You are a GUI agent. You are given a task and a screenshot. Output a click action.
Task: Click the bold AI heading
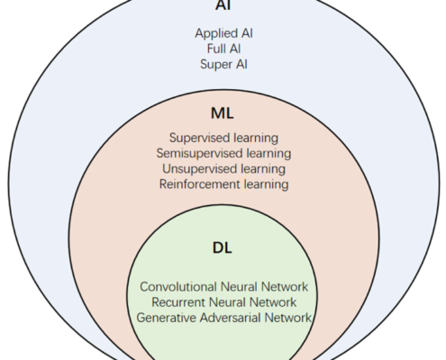pyautogui.click(x=223, y=5)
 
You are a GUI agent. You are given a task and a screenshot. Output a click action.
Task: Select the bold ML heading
pyautogui.click(x=223, y=113)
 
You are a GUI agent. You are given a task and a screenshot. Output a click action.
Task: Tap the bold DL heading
pyautogui.click(x=223, y=247)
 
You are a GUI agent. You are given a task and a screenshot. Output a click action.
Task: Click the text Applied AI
pyautogui.click(x=223, y=33)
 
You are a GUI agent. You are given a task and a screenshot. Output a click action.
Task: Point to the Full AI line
pyautogui.click(x=223, y=49)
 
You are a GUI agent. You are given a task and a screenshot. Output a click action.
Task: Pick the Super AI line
pyautogui.click(x=223, y=64)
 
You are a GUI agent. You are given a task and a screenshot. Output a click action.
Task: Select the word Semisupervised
pyautogui.click(x=200, y=153)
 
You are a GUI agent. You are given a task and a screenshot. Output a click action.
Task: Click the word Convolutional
pyautogui.click(x=178, y=287)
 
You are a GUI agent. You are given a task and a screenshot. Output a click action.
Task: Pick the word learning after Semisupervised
pyautogui.click(x=269, y=153)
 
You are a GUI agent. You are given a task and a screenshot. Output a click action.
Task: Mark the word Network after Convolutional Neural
pyautogui.click(x=285, y=287)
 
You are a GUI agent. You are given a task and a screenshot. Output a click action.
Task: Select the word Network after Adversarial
pyautogui.click(x=288, y=318)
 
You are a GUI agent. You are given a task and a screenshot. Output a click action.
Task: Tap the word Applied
pyautogui.click(x=216, y=33)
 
